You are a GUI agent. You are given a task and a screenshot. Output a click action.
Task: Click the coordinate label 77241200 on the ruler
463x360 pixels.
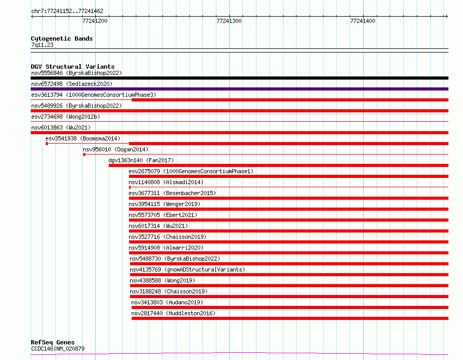tap(95, 21)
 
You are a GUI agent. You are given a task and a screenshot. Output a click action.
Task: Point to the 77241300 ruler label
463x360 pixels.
tap(229, 21)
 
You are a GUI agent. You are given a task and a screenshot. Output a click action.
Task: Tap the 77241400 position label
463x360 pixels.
tap(363, 21)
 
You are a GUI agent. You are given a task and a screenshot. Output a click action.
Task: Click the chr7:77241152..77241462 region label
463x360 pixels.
tap(67, 10)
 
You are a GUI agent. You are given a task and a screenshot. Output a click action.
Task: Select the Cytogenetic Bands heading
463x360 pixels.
tap(62, 38)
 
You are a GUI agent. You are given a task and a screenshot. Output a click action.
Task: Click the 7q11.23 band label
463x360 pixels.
tap(42, 45)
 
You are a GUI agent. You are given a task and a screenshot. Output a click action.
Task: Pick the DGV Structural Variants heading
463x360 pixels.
tap(73, 67)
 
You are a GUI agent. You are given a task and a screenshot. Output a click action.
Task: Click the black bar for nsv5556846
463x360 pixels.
tap(239, 78)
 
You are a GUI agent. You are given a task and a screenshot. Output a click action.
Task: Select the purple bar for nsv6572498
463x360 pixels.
tap(239, 89)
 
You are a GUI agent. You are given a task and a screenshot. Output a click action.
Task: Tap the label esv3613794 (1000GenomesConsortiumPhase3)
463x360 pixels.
tap(94, 95)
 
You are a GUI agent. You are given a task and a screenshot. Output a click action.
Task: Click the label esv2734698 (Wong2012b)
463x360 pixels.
tap(66, 117)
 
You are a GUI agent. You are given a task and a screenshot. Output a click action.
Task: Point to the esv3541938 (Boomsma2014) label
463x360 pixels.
tap(83, 138)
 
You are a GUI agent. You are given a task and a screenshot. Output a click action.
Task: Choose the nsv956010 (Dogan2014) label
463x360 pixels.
tap(115, 149)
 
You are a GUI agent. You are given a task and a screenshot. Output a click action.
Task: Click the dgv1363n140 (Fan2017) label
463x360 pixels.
tap(141, 160)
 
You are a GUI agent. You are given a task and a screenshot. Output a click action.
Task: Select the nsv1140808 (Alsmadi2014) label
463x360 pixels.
tap(166, 182)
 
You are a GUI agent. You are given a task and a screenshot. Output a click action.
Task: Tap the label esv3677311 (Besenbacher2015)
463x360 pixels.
tap(172, 193)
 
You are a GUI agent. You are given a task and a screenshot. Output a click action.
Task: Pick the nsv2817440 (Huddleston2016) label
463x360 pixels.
tap(173, 313)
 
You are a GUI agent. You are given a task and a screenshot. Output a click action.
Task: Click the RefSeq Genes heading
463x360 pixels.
tap(53, 342)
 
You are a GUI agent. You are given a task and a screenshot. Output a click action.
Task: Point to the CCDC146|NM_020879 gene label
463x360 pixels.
tap(58, 349)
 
